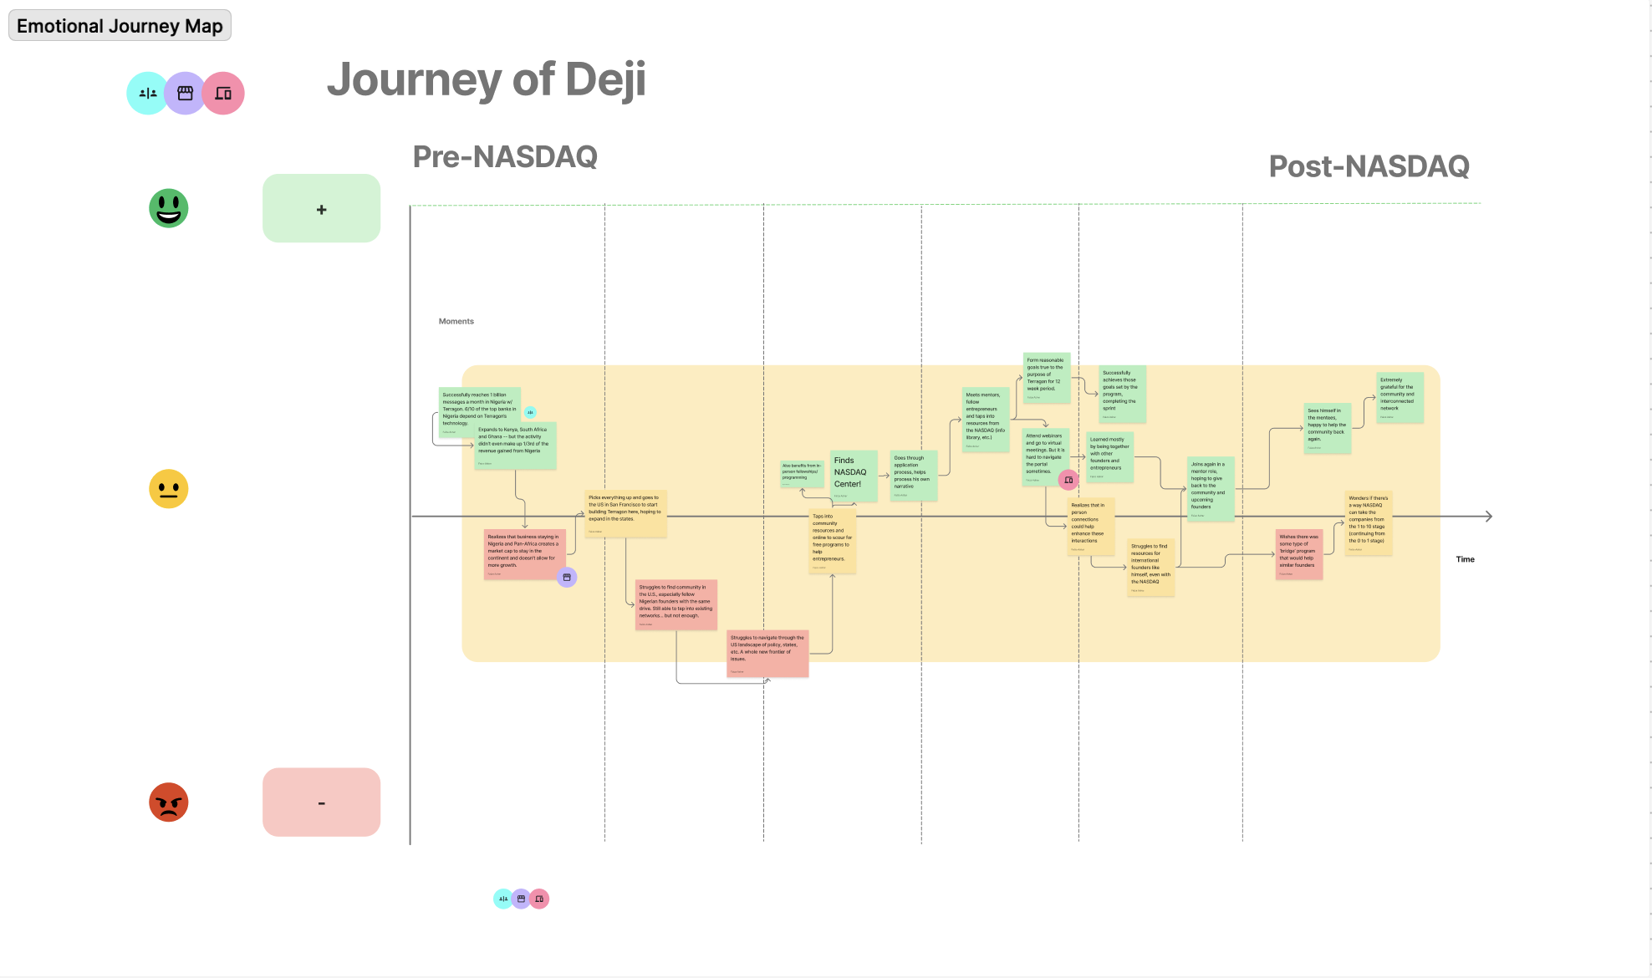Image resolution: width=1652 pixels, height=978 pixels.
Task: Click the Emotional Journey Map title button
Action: click(x=120, y=26)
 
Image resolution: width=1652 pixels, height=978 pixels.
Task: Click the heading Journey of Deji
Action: click(x=486, y=79)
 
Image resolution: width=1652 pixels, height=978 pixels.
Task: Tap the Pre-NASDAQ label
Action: click(x=505, y=156)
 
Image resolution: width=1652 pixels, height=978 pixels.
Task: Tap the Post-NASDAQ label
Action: click(x=1369, y=166)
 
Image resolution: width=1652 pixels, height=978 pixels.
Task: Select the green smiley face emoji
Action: click(x=169, y=208)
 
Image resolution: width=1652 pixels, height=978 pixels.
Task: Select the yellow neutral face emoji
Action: click(x=169, y=489)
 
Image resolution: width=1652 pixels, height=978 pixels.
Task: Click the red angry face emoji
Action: click(x=169, y=802)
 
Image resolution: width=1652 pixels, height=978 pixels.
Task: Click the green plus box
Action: click(x=321, y=209)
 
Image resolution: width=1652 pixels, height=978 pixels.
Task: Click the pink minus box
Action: click(x=321, y=802)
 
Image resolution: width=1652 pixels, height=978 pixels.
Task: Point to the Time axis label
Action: click(x=1465, y=559)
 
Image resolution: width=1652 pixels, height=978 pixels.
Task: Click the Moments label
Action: click(x=456, y=321)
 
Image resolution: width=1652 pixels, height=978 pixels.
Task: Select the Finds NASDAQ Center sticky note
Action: click(x=854, y=475)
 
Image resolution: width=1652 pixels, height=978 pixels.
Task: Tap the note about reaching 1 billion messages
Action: click(x=479, y=410)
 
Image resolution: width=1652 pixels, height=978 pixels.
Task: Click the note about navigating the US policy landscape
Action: click(x=767, y=653)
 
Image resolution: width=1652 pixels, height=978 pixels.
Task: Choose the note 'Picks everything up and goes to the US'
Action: click(x=625, y=512)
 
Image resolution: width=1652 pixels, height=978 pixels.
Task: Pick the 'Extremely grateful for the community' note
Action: click(x=1400, y=397)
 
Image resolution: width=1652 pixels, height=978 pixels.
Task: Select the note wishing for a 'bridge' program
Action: click(x=1299, y=553)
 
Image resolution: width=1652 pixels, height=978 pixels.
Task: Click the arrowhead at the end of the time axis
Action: click(x=1488, y=517)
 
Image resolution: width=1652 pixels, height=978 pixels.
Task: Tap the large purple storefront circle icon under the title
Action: click(x=186, y=94)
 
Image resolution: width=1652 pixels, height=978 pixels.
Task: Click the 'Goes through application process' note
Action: click(x=914, y=476)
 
